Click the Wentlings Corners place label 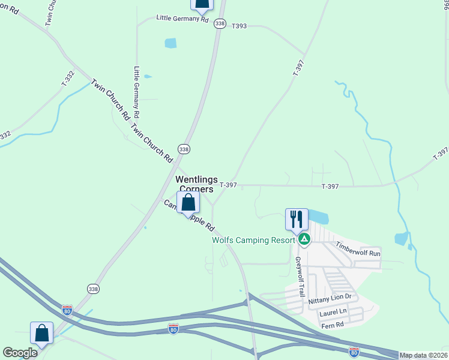click(194, 184)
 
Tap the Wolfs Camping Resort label click(254, 240)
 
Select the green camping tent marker click(305, 239)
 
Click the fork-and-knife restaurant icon click(296, 220)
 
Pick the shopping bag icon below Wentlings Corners click(188, 202)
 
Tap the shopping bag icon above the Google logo click(42, 333)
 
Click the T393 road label click(239, 26)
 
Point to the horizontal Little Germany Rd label click(182, 19)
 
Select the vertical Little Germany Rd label click(137, 91)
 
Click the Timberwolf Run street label click(358, 250)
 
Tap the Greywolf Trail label click(299, 277)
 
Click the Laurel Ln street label click(334, 312)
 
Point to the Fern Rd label click(332, 325)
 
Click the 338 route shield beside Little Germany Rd click(220, 23)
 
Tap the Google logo click(20, 353)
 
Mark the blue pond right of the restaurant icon click(319, 217)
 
